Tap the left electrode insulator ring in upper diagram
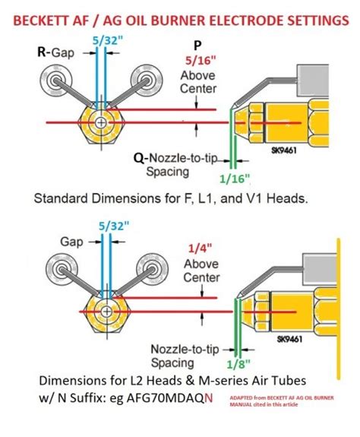[x=56, y=80]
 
